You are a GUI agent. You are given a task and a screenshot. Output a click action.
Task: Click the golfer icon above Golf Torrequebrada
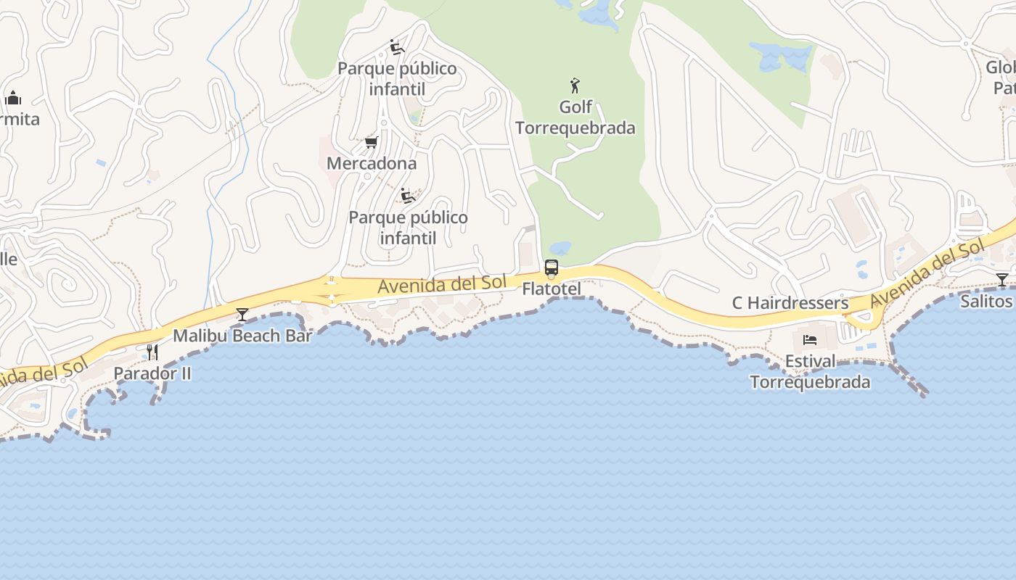pyautogui.click(x=575, y=86)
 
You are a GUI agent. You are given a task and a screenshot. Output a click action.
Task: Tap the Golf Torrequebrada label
pyautogui.click(x=575, y=117)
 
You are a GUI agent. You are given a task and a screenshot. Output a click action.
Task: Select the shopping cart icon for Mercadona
pyautogui.click(x=371, y=142)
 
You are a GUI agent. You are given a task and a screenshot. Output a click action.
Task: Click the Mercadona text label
pyautogui.click(x=372, y=163)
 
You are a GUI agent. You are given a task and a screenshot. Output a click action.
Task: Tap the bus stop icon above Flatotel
pyautogui.click(x=552, y=268)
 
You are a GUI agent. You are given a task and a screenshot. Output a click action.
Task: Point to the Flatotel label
pyautogui.click(x=552, y=289)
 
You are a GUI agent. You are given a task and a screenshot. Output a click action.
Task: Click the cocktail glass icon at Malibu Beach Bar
pyautogui.click(x=242, y=315)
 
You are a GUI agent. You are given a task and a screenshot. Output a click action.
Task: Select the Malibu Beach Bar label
pyautogui.click(x=242, y=336)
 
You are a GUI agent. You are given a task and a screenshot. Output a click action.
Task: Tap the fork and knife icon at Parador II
pyautogui.click(x=152, y=352)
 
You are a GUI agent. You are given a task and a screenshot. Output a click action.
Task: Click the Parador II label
pyautogui.click(x=152, y=373)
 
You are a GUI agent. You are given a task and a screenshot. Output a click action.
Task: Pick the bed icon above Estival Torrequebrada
pyautogui.click(x=810, y=340)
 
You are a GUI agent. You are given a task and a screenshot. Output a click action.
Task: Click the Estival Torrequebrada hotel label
pyautogui.click(x=810, y=371)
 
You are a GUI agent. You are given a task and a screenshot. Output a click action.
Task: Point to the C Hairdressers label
pyautogui.click(x=790, y=302)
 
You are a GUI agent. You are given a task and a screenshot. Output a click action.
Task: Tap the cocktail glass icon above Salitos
pyautogui.click(x=1001, y=279)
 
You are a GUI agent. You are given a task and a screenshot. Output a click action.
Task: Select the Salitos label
pyautogui.click(x=986, y=301)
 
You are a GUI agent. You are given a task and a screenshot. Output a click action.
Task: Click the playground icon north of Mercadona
pyautogui.click(x=396, y=47)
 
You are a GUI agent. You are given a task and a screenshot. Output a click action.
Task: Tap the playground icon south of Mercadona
pyautogui.click(x=408, y=196)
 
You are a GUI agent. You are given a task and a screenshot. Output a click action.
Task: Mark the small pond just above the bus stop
pyautogui.click(x=560, y=248)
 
